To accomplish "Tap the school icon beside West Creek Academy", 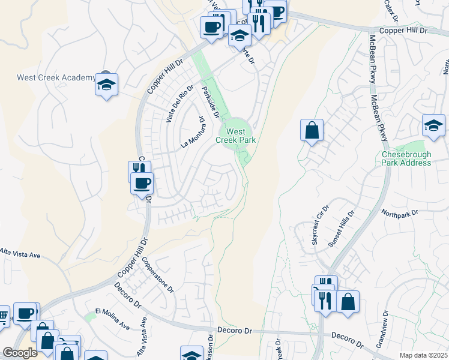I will coord(106,85).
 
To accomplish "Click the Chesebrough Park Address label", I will coord(406,158).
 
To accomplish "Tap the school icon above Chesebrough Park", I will coord(433,126).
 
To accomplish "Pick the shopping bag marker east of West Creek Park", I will coord(312,130).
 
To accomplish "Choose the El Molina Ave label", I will coord(113,319).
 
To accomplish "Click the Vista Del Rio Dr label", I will coord(179,103).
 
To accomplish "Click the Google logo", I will coord(20,352).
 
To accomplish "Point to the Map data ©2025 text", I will coord(423,355).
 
